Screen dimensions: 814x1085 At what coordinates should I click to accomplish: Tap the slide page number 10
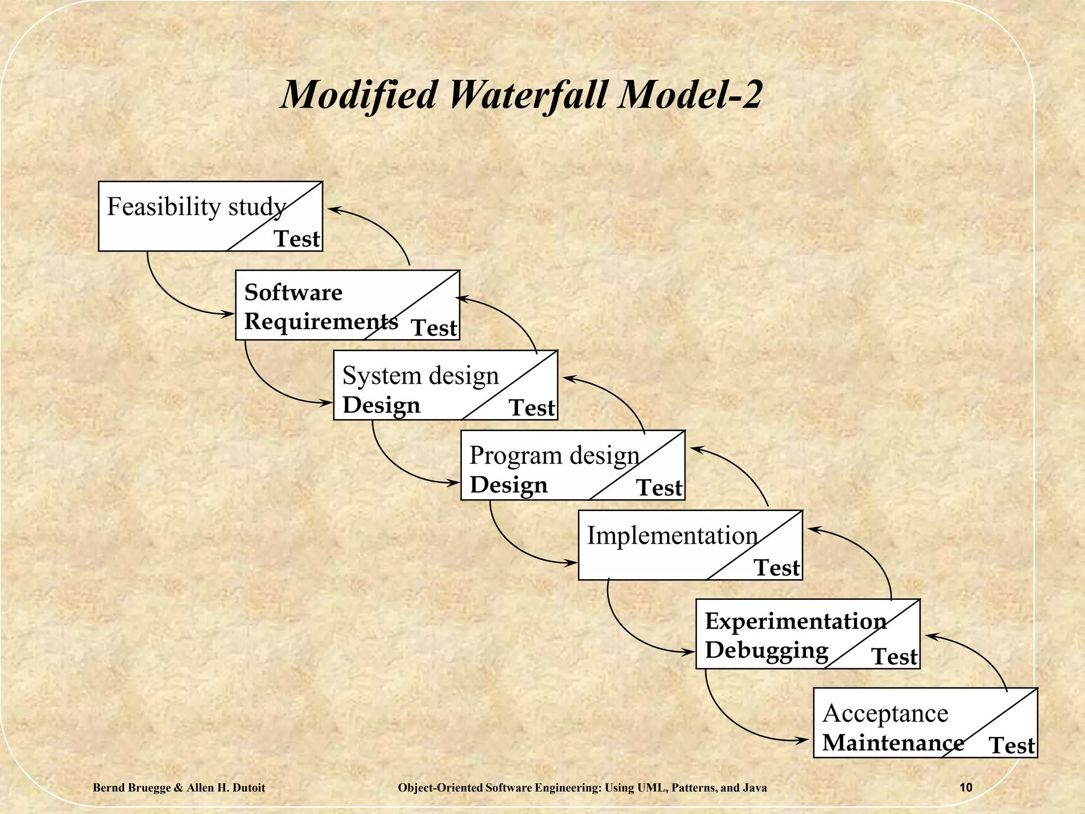tap(966, 788)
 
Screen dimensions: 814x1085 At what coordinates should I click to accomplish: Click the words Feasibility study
tap(197, 207)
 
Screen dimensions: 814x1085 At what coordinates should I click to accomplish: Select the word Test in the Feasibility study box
tap(297, 239)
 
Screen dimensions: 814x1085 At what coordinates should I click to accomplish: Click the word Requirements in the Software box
tap(321, 322)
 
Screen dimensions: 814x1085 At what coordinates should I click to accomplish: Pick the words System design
tap(421, 376)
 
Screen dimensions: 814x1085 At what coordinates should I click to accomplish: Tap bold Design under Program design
tap(509, 485)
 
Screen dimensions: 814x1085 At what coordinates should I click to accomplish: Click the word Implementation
tap(672, 536)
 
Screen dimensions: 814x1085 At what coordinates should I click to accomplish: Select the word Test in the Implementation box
tap(777, 568)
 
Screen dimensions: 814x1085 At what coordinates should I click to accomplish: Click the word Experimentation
tap(795, 621)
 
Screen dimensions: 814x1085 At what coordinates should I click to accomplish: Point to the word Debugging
tap(767, 650)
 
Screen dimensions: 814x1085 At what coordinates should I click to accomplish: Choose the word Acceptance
tap(885, 713)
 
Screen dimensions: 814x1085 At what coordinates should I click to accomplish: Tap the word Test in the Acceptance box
tap(1012, 746)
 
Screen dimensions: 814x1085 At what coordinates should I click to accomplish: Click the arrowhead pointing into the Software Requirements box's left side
tap(229, 314)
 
